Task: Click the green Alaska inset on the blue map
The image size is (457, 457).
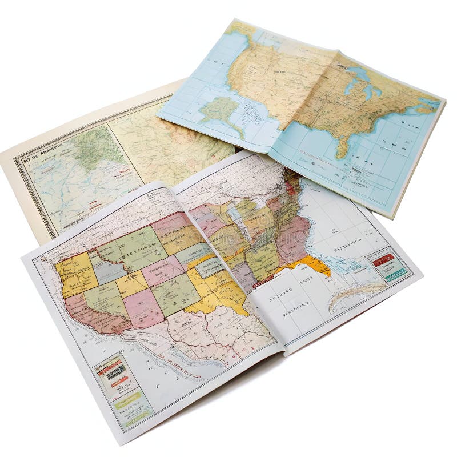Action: (219, 108)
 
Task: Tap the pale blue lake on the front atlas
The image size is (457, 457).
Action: (235, 214)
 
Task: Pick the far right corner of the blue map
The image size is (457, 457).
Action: (443, 103)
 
